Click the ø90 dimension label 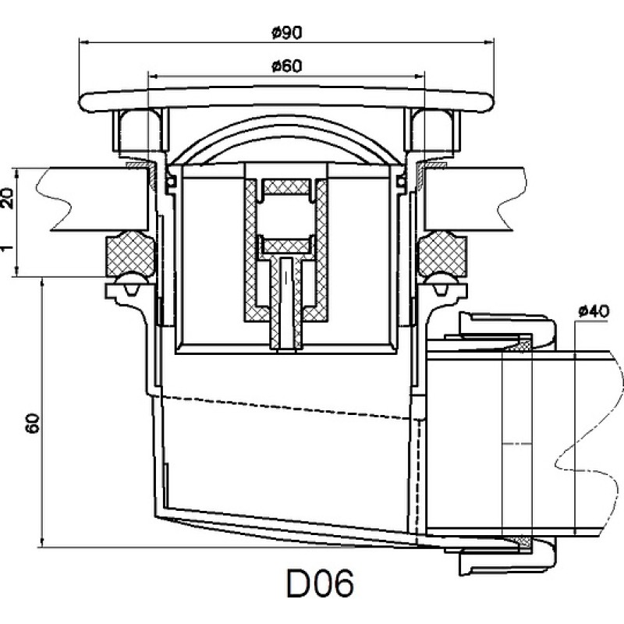[286, 33]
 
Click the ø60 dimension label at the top [286, 66]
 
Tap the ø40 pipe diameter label [594, 311]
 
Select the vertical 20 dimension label [8, 198]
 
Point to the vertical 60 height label [33, 424]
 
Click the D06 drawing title [320, 583]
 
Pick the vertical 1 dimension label [7, 248]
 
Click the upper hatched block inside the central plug [287, 187]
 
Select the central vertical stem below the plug [286, 304]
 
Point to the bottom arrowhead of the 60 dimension [42, 543]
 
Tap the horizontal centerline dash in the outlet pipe [517, 443]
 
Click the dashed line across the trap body [285, 407]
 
